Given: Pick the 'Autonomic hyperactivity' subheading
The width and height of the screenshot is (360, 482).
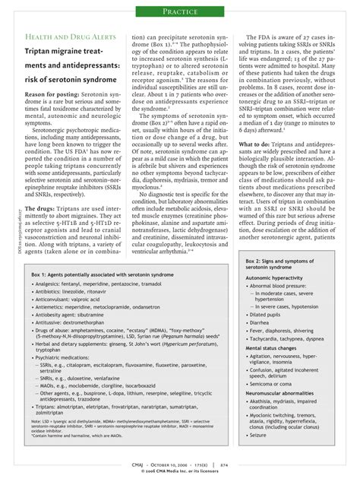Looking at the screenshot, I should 278,279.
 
